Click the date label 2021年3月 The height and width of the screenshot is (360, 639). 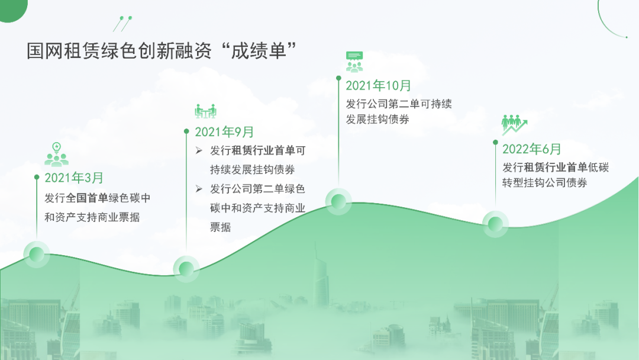[74, 178]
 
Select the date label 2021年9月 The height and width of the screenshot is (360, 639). [224, 132]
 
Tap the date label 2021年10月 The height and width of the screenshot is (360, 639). [378, 86]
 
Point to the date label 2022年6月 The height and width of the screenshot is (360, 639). [531, 149]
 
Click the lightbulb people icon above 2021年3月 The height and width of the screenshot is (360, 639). [56, 155]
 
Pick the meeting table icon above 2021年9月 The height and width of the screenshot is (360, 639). [205, 111]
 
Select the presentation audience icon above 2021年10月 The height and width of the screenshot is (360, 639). [354, 62]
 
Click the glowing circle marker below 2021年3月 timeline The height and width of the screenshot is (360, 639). [36, 255]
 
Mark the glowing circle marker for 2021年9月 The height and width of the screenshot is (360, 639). [186, 269]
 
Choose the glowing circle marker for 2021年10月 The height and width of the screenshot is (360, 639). [338, 201]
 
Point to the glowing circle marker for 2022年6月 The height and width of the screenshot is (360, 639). [495, 224]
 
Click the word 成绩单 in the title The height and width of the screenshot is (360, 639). [259, 51]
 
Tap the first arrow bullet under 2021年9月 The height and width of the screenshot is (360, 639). [199, 151]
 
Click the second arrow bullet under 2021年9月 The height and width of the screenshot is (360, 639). [199, 189]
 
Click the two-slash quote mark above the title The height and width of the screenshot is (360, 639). [122, 24]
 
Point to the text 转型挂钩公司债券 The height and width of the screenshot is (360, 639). [544, 182]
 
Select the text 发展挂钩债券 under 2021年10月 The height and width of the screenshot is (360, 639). [377, 120]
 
